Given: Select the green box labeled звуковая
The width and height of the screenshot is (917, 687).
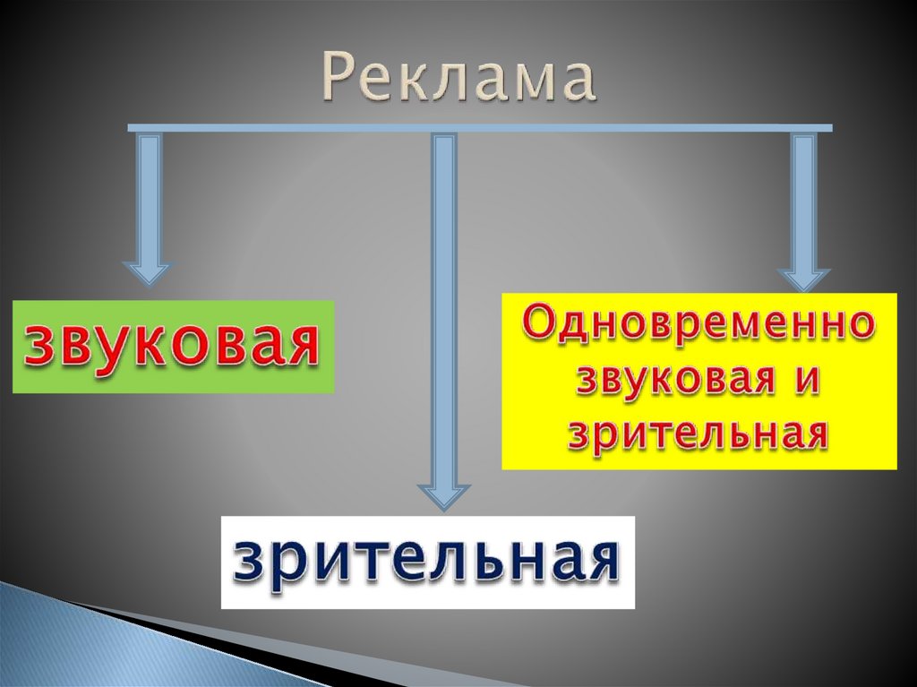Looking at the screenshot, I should (173, 347).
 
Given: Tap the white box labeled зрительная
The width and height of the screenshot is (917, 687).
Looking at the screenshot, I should (428, 562).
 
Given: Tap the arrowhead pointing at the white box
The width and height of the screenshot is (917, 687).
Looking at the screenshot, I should (443, 496).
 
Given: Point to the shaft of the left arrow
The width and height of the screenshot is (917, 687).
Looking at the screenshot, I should (148, 197).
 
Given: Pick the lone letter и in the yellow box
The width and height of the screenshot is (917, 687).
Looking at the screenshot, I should (806, 381).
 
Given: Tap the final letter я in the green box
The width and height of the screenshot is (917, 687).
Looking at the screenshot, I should (300, 348).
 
